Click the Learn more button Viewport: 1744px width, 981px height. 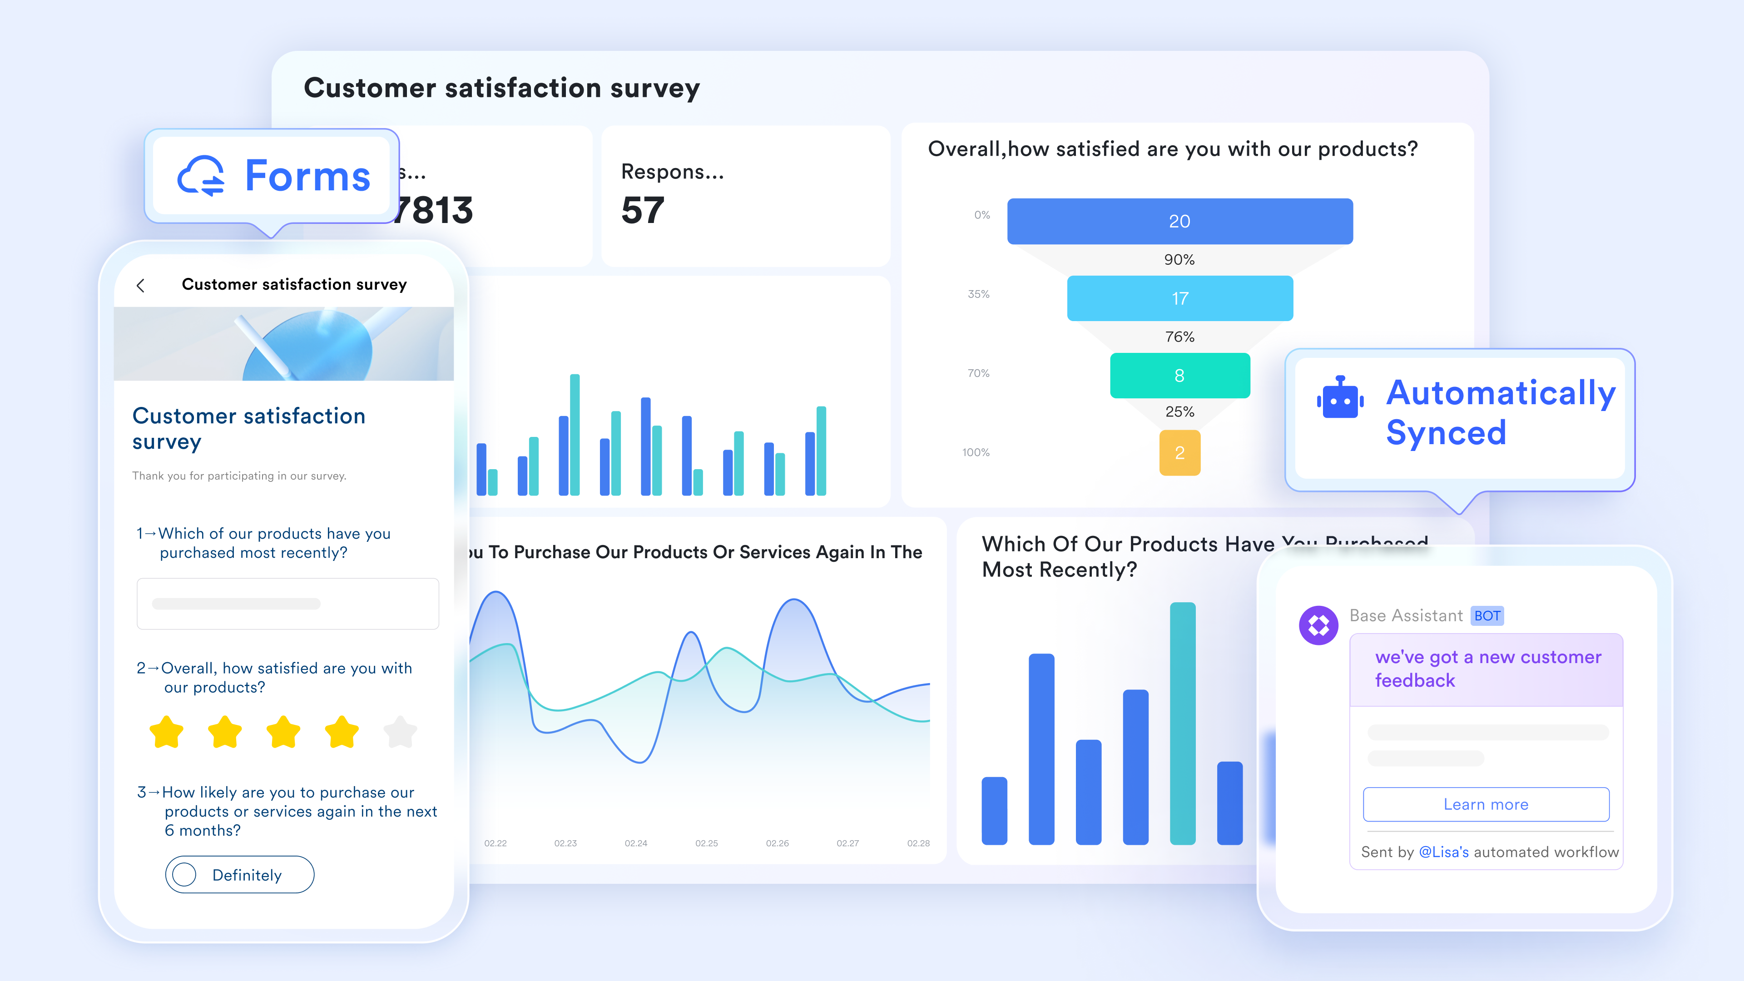pyautogui.click(x=1486, y=804)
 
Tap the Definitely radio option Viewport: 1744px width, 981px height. pyautogui.click(x=184, y=875)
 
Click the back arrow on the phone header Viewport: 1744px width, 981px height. pyautogui.click(x=141, y=286)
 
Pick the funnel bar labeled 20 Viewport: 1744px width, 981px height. pyautogui.click(x=1179, y=221)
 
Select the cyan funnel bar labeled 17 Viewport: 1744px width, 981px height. pyautogui.click(x=1179, y=298)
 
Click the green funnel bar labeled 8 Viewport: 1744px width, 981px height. pyautogui.click(x=1179, y=376)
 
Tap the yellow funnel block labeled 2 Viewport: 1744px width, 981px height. pyautogui.click(x=1179, y=453)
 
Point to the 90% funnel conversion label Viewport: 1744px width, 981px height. pyautogui.click(x=1179, y=260)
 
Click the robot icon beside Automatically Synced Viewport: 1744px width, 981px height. pyautogui.click(x=1340, y=398)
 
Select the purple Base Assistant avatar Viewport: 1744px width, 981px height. pyautogui.click(x=1318, y=625)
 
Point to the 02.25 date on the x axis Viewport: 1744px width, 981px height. pyautogui.click(x=706, y=843)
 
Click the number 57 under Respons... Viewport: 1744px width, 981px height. pyautogui.click(x=643, y=211)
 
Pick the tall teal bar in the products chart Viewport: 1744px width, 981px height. pyautogui.click(x=1182, y=723)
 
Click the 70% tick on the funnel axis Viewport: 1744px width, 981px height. pyautogui.click(x=978, y=373)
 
